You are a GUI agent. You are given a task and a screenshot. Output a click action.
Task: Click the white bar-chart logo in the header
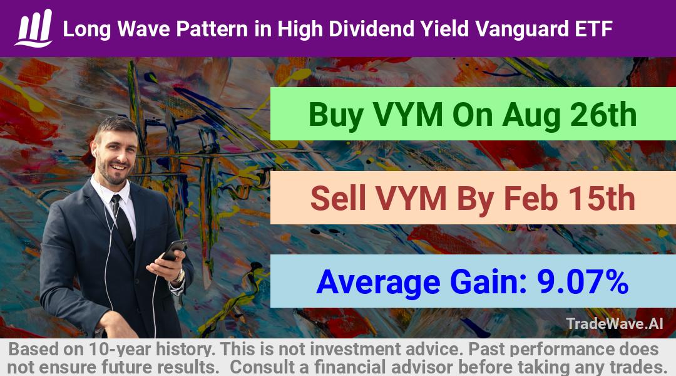pyautogui.click(x=34, y=28)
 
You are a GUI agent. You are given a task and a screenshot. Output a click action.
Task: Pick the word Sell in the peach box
pyautogui.click(x=338, y=198)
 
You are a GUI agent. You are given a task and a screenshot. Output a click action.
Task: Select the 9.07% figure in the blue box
pyautogui.click(x=583, y=281)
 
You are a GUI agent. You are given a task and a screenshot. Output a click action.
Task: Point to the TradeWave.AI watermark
pyautogui.click(x=615, y=323)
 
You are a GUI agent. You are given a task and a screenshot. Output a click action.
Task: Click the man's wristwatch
pyautogui.click(x=179, y=275)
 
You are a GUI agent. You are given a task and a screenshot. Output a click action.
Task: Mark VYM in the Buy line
pyautogui.click(x=407, y=115)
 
